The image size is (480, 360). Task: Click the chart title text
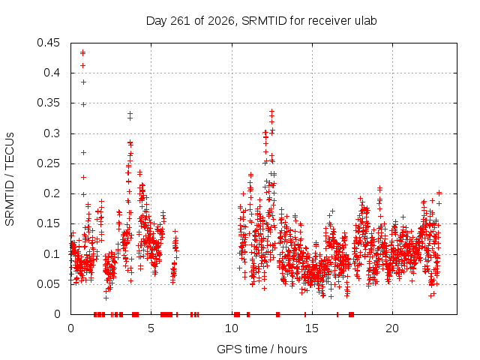261,21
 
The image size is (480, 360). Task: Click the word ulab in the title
365,20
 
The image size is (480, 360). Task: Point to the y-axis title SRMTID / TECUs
10,179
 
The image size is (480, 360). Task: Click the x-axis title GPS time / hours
262,349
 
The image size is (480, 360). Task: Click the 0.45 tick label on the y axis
48,43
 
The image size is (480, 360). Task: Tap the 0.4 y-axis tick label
52,73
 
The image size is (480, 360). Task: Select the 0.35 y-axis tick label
48,103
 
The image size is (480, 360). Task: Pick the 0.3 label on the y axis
52,133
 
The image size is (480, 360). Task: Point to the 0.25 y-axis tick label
48,163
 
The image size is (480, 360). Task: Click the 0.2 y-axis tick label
52,193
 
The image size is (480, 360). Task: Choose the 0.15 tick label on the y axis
48,223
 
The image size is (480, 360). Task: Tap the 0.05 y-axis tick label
48,284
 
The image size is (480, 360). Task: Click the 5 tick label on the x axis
151,328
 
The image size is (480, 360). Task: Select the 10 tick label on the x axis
232,328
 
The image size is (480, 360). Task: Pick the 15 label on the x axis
312,328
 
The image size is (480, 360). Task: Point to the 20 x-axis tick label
392,328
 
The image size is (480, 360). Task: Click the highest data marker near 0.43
82,52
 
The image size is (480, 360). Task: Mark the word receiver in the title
330,20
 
